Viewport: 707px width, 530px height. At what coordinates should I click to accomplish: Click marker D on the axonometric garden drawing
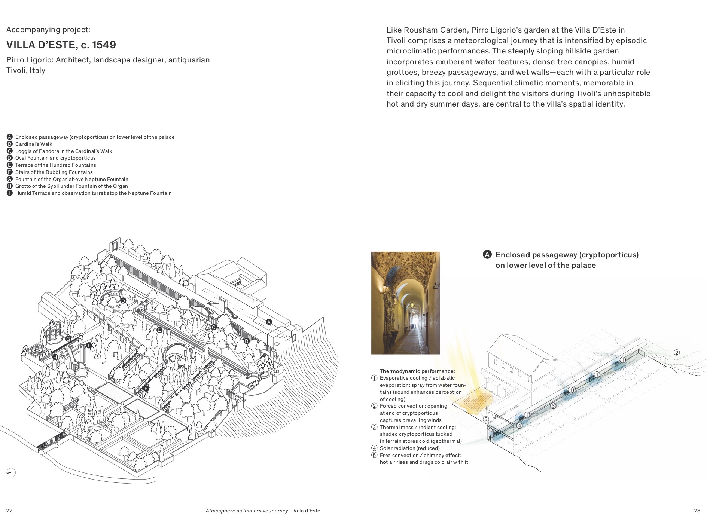click(x=123, y=301)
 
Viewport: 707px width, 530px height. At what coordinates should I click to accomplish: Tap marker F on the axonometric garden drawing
click(x=146, y=389)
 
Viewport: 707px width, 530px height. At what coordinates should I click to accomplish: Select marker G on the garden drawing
click(x=68, y=339)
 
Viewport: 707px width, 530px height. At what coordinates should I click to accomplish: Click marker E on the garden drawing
click(x=159, y=330)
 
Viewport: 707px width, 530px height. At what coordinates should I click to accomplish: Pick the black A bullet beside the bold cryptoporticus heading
click(x=487, y=255)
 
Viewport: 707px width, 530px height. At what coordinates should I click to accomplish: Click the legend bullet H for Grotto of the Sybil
click(x=10, y=186)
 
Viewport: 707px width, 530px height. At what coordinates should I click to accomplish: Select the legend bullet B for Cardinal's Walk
click(x=10, y=144)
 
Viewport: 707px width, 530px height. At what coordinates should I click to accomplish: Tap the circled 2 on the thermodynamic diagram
click(x=676, y=352)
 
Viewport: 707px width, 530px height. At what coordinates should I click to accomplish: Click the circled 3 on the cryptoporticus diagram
click(x=553, y=405)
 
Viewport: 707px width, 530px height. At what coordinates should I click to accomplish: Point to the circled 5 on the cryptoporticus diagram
click(x=486, y=419)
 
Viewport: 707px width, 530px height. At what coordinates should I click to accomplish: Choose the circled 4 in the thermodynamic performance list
click(x=374, y=448)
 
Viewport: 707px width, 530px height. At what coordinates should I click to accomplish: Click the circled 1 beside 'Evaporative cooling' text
click(x=374, y=378)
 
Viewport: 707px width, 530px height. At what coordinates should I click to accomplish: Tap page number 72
click(x=9, y=511)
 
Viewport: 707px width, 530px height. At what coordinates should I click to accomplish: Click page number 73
click(x=697, y=511)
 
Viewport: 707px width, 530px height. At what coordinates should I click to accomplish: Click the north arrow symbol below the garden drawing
click(x=11, y=472)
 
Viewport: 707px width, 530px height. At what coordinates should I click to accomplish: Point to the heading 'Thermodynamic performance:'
click(x=417, y=371)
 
